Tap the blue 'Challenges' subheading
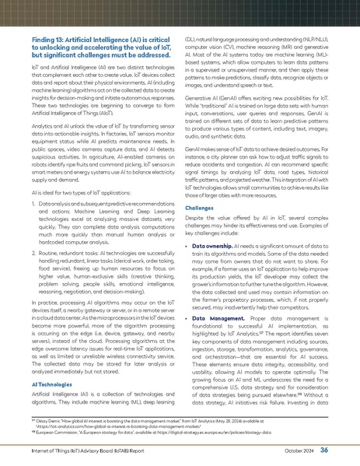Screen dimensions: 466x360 [x=208, y=208]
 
